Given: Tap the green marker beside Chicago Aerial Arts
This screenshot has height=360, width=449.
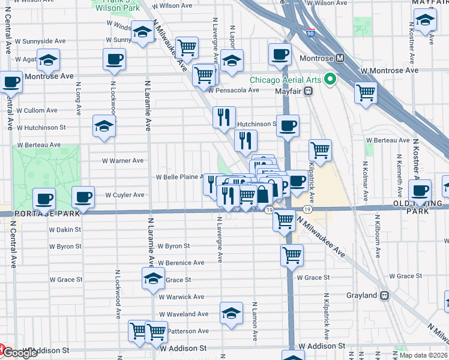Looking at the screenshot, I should [x=330, y=79].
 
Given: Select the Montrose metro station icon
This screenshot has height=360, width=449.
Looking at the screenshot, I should [x=340, y=58].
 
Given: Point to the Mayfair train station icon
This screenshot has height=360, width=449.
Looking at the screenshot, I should [x=308, y=91].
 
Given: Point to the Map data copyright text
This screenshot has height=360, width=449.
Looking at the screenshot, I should [x=423, y=355].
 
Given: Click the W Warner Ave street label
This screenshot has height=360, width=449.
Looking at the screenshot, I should [x=122, y=161].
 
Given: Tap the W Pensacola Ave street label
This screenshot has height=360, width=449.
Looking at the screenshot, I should [x=234, y=90].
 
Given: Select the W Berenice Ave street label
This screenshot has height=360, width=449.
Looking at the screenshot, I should [x=181, y=263].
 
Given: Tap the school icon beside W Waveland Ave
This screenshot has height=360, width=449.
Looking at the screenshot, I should [x=231, y=313].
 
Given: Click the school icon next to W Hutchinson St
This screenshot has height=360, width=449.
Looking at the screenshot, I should [x=104, y=126].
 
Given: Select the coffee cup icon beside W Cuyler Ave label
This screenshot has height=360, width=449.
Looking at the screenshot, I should [x=83, y=196].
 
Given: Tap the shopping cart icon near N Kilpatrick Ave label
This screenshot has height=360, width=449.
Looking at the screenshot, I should [x=321, y=151].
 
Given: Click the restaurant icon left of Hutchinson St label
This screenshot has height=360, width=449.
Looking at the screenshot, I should [x=224, y=116].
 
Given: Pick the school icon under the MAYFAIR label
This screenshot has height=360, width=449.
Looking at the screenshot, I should [x=425, y=22].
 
